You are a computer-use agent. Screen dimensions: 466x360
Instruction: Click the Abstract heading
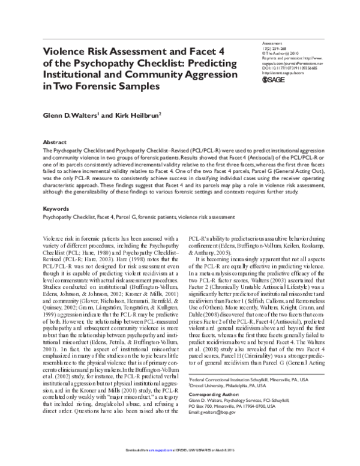click(56, 136)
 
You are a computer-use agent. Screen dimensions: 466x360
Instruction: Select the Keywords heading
click(57, 209)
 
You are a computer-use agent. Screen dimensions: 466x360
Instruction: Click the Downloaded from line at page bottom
click(179, 461)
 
